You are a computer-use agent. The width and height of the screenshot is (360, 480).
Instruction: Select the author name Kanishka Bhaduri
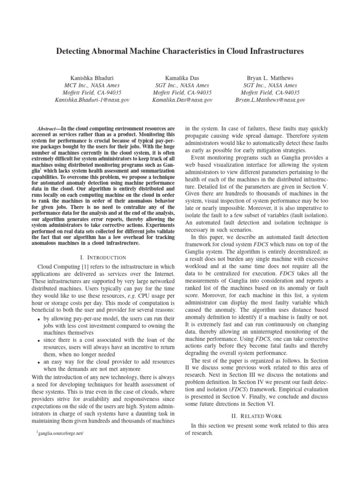(92, 78)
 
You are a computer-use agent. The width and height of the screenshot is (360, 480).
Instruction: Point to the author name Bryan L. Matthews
(270, 78)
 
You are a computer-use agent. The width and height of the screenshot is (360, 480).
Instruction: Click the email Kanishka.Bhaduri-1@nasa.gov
(92, 100)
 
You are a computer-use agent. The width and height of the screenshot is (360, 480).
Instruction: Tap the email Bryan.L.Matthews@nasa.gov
(270, 100)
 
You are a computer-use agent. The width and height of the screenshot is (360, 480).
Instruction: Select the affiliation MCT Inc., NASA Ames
(92, 85)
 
